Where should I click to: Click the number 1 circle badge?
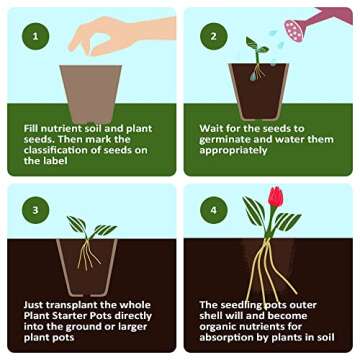click(x=37, y=38)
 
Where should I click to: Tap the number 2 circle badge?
click(x=212, y=38)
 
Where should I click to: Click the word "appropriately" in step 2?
click(x=234, y=150)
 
